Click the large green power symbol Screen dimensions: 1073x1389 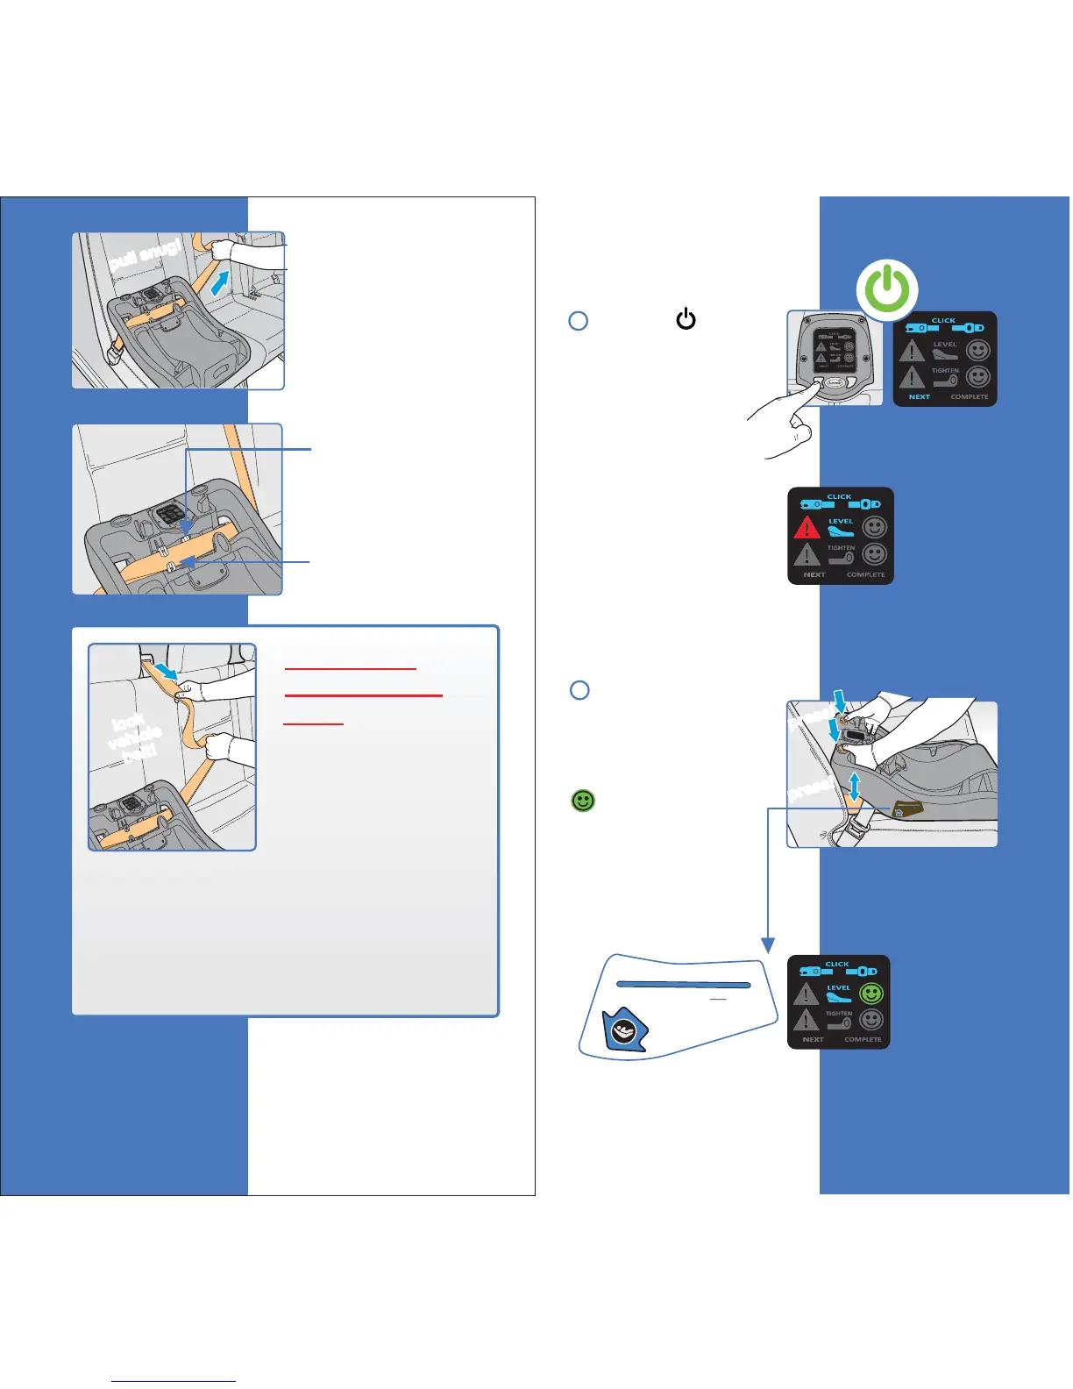888,288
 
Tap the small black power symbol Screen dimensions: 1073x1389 686,319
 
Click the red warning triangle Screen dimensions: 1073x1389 807,527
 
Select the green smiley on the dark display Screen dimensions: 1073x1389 870,994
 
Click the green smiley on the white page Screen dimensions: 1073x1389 583,801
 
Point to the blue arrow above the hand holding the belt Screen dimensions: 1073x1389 166,672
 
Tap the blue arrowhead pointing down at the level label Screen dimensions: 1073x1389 769,945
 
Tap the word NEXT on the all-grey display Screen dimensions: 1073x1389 919,397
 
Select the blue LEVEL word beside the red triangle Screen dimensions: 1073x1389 841,521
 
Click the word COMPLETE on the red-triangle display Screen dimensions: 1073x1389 865,575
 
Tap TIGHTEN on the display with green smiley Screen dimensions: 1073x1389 839,1014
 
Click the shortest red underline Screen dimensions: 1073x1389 313,724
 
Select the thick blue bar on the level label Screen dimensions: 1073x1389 684,985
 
